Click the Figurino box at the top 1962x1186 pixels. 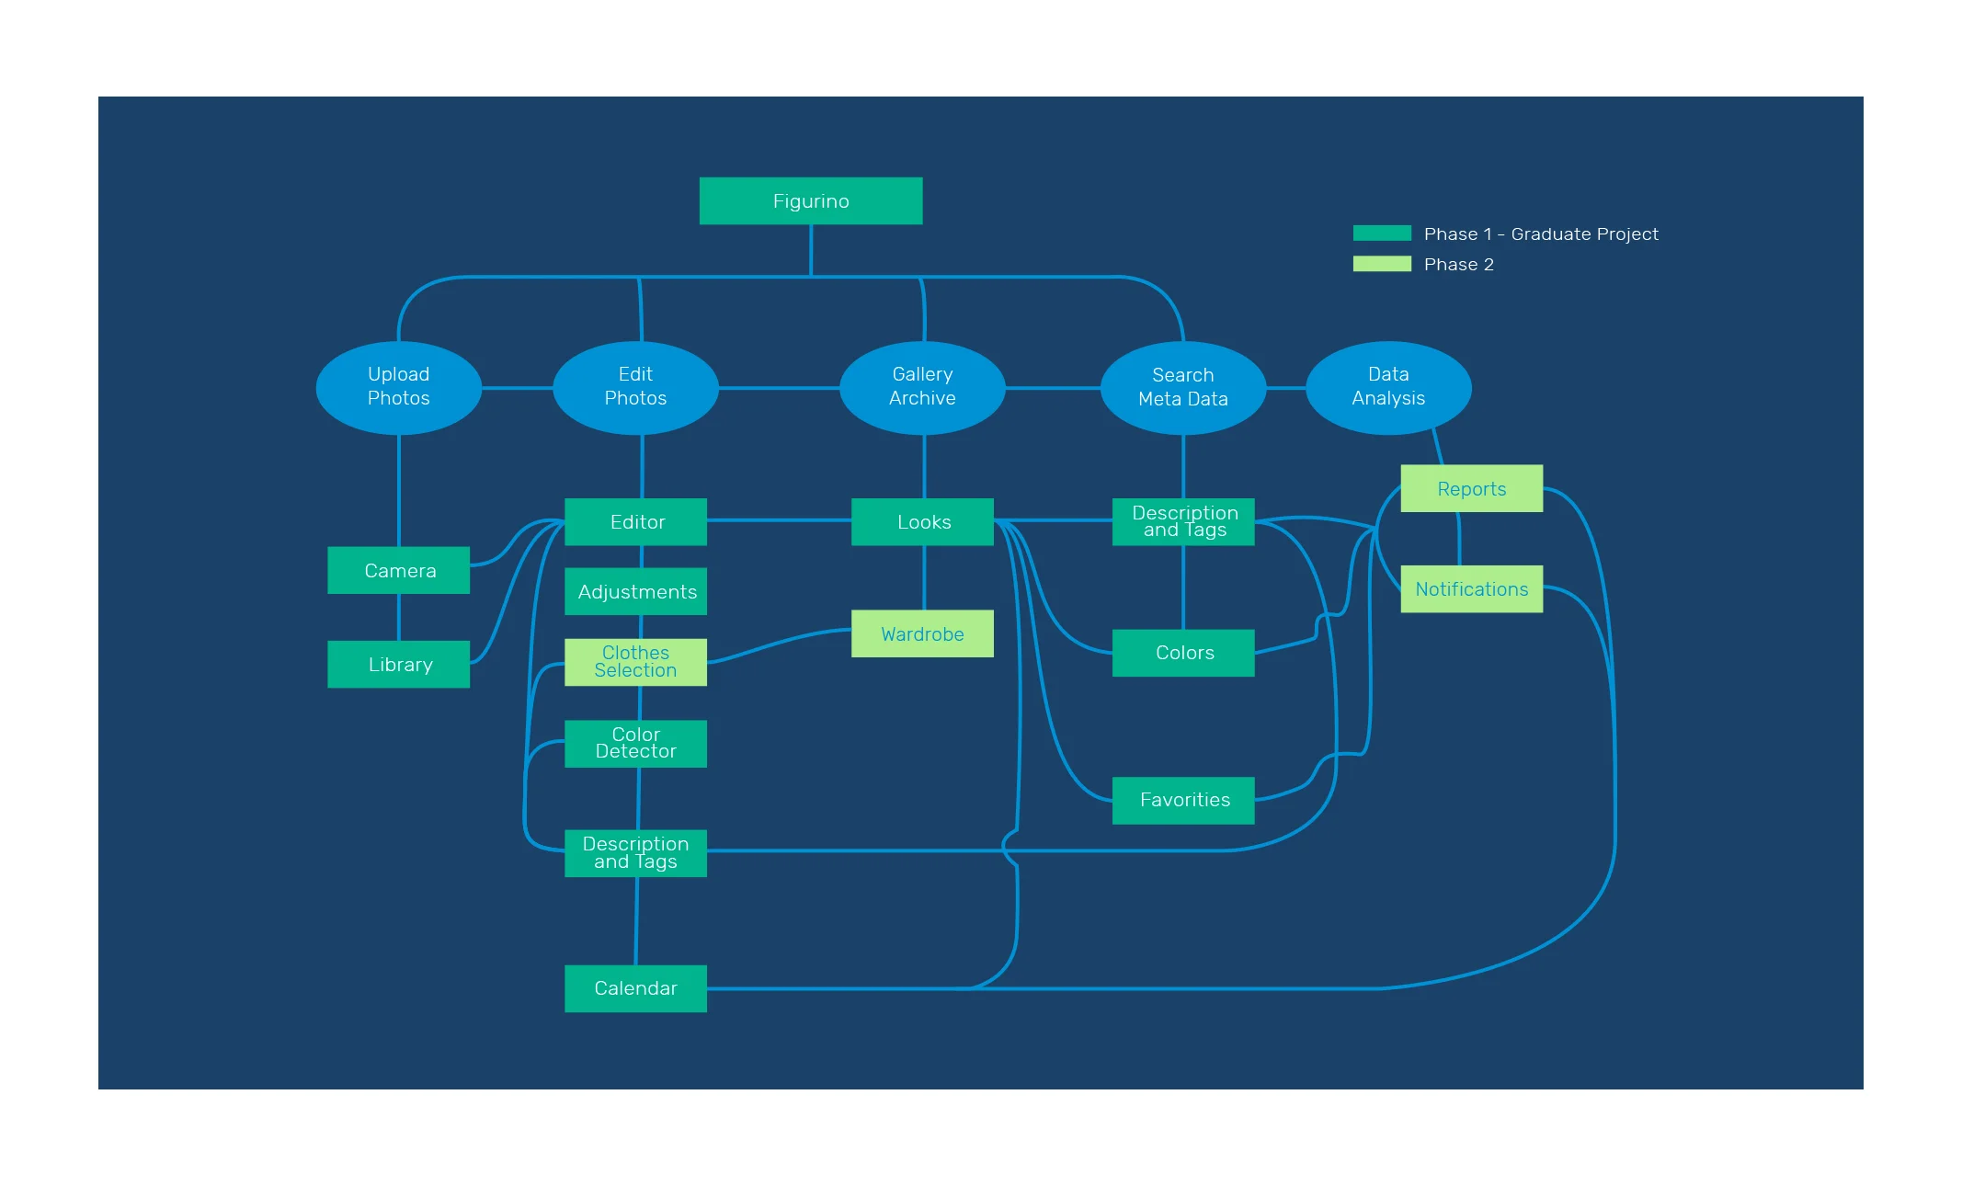pyautogui.click(x=810, y=200)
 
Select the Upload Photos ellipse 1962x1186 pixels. pyautogui.click(x=398, y=387)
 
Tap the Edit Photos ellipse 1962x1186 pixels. pyautogui.click(x=635, y=387)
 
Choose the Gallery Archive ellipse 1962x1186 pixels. pyautogui.click(x=922, y=387)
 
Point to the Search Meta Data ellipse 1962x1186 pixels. pyautogui.click(x=1182, y=387)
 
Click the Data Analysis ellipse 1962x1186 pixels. pyautogui.click(x=1387, y=387)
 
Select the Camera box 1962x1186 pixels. pyautogui.click(x=398, y=570)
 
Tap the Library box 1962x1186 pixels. pyautogui.click(x=398, y=664)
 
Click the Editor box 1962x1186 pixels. pyautogui.click(x=635, y=521)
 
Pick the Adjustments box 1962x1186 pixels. pyautogui.click(x=635, y=591)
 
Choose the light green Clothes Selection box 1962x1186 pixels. pyautogui.click(x=635, y=661)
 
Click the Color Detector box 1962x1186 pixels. pyautogui.click(x=635, y=743)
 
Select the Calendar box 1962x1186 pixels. pyautogui.click(x=635, y=987)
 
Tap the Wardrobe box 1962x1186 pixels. pyautogui.click(x=922, y=633)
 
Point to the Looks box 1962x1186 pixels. pyautogui.click(x=922, y=521)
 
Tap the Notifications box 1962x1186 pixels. pyautogui.click(x=1471, y=588)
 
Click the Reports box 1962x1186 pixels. pyautogui.click(x=1471, y=488)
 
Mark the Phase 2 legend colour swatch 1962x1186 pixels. pyautogui.click(x=1381, y=264)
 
